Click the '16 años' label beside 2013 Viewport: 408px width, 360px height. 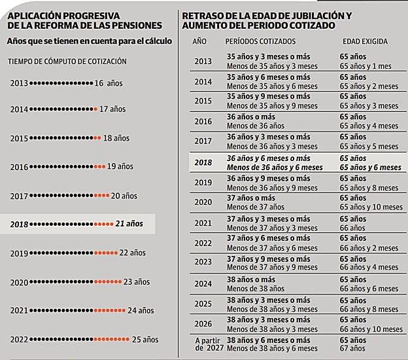[x=109, y=83]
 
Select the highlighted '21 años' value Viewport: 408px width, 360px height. [x=130, y=224]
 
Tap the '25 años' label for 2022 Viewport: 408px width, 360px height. [x=145, y=339]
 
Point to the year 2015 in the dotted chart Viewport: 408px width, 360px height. [x=19, y=138]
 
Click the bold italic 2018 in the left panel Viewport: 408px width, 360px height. [x=20, y=224]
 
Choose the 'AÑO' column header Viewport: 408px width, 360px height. [x=200, y=41]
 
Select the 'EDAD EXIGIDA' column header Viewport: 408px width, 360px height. [x=365, y=41]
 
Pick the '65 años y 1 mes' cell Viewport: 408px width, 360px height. [x=365, y=66]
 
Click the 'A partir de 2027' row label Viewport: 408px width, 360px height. [x=208, y=345]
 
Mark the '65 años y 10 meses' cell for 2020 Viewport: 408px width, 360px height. [x=371, y=207]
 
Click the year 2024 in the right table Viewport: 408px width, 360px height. [x=203, y=284]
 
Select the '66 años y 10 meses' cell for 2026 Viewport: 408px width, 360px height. [x=371, y=329]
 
